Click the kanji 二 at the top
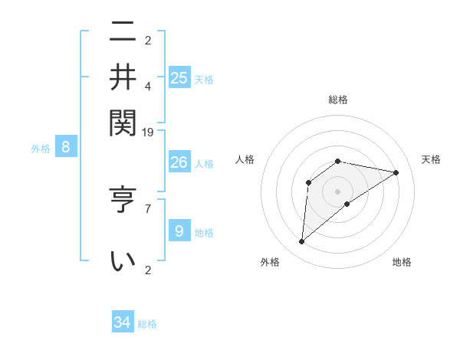[123, 33]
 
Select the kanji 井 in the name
[123, 77]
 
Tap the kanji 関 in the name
[123, 120]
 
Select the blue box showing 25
[179, 77]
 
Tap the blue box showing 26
[179, 162]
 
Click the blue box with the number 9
[179, 231]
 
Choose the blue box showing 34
[123, 322]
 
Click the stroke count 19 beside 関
[148, 132]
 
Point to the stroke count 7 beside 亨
[148, 208]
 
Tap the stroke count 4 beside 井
[148, 86]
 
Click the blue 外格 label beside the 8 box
[41, 149]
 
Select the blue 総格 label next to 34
[147, 324]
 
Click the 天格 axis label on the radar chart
[431, 159]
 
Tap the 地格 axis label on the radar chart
[402, 262]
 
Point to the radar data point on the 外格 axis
[301, 242]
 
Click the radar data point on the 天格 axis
[396, 172]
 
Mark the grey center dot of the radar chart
[337, 191]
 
